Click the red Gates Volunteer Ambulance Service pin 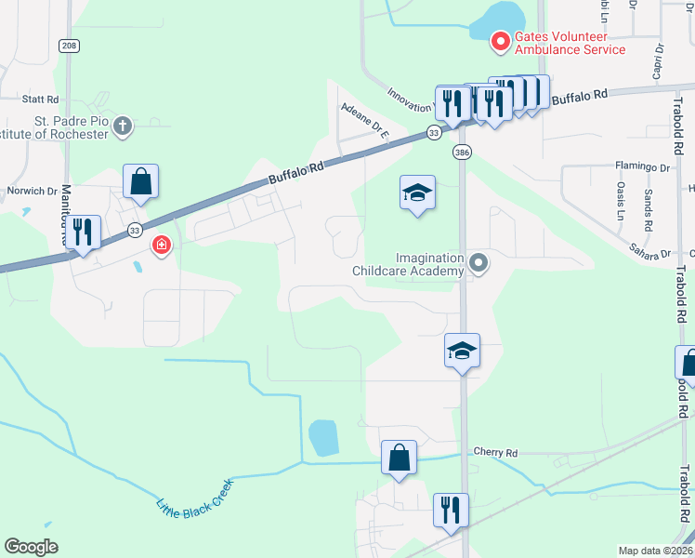(500, 41)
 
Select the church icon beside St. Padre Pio (124, 124)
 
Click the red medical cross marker (162, 245)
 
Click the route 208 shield (68, 45)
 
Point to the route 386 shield (461, 151)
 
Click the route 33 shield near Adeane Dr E (434, 134)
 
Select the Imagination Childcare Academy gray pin (479, 264)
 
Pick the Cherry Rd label (495, 452)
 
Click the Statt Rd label (40, 99)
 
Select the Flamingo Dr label (642, 166)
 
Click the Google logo (31, 546)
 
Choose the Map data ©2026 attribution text (655, 551)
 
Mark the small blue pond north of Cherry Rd (323, 437)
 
